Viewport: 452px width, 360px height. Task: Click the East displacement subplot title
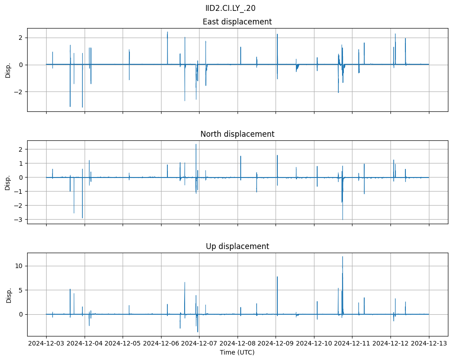click(x=237, y=22)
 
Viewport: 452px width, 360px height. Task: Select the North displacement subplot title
click(x=237, y=134)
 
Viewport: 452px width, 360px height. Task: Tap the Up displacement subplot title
click(x=237, y=246)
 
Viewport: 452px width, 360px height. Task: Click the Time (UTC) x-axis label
click(x=237, y=352)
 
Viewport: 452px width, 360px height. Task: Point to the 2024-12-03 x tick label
click(x=46, y=343)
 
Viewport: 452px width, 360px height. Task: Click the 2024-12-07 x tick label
click(x=199, y=343)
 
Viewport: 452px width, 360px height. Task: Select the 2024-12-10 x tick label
click(x=314, y=343)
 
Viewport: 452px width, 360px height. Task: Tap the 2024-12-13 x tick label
click(x=429, y=343)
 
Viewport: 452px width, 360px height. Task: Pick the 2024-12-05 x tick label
click(x=123, y=343)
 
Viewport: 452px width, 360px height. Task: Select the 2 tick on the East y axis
click(x=20, y=37)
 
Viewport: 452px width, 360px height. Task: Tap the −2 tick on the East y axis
click(x=19, y=92)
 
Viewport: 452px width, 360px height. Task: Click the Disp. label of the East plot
click(x=8, y=70)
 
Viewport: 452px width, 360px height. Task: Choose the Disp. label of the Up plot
click(x=8, y=294)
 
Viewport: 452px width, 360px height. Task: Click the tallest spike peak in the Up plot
click(x=343, y=257)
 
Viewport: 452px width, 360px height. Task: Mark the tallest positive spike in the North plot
click(x=196, y=144)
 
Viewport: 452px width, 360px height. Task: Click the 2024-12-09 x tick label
click(x=276, y=343)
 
